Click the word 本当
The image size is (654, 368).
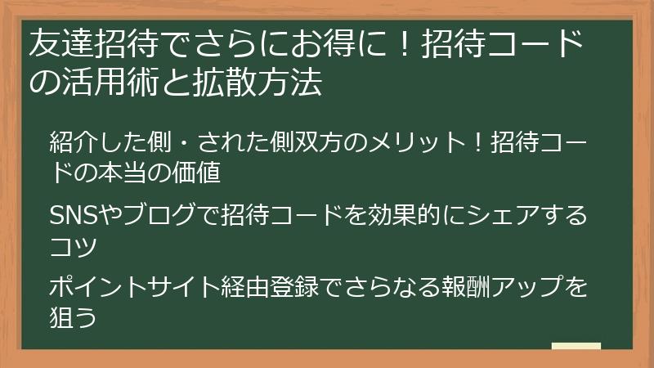point(145,173)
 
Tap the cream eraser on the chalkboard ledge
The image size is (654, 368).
point(576,346)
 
